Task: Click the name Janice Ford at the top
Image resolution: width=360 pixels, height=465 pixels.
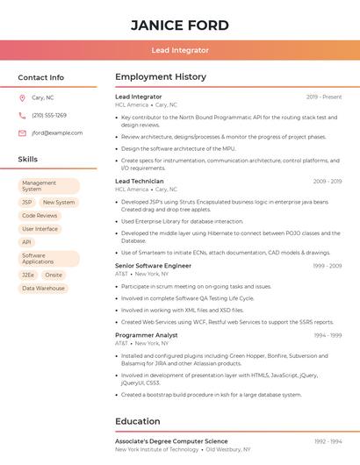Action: click(x=180, y=25)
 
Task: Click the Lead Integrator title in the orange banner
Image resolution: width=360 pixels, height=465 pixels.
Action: click(x=180, y=51)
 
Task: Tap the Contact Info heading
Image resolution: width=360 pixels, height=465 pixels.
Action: click(x=41, y=77)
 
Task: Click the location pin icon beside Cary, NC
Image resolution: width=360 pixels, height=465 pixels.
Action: click(x=22, y=98)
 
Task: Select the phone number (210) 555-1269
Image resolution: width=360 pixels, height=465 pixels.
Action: click(x=49, y=116)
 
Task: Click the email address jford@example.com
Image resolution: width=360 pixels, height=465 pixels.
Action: click(x=57, y=133)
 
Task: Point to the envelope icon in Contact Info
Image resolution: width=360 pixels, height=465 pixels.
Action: click(x=22, y=133)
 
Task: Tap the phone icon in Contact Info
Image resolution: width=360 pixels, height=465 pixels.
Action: click(x=22, y=116)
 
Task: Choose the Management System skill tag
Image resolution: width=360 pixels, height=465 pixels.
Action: click(x=48, y=186)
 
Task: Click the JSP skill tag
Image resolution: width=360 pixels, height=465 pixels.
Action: click(x=27, y=202)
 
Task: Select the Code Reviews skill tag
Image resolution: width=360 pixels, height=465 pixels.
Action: click(x=40, y=215)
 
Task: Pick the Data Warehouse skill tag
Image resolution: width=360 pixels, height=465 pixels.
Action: click(x=43, y=288)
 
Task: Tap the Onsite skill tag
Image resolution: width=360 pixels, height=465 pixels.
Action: click(x=54, y=275)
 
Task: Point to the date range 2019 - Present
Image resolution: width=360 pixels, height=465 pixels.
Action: click(x=324, y=97)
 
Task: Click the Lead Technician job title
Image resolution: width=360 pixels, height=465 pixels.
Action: click(x=140, y=181)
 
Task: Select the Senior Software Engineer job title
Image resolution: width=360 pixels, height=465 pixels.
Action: click(x=153, y=265)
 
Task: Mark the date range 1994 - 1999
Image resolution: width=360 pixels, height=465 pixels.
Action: click(x=328, y=335)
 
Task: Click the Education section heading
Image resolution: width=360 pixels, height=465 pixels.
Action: click(x=137, y=421)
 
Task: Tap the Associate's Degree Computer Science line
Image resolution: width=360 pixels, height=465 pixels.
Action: click(x=171, y=441)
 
